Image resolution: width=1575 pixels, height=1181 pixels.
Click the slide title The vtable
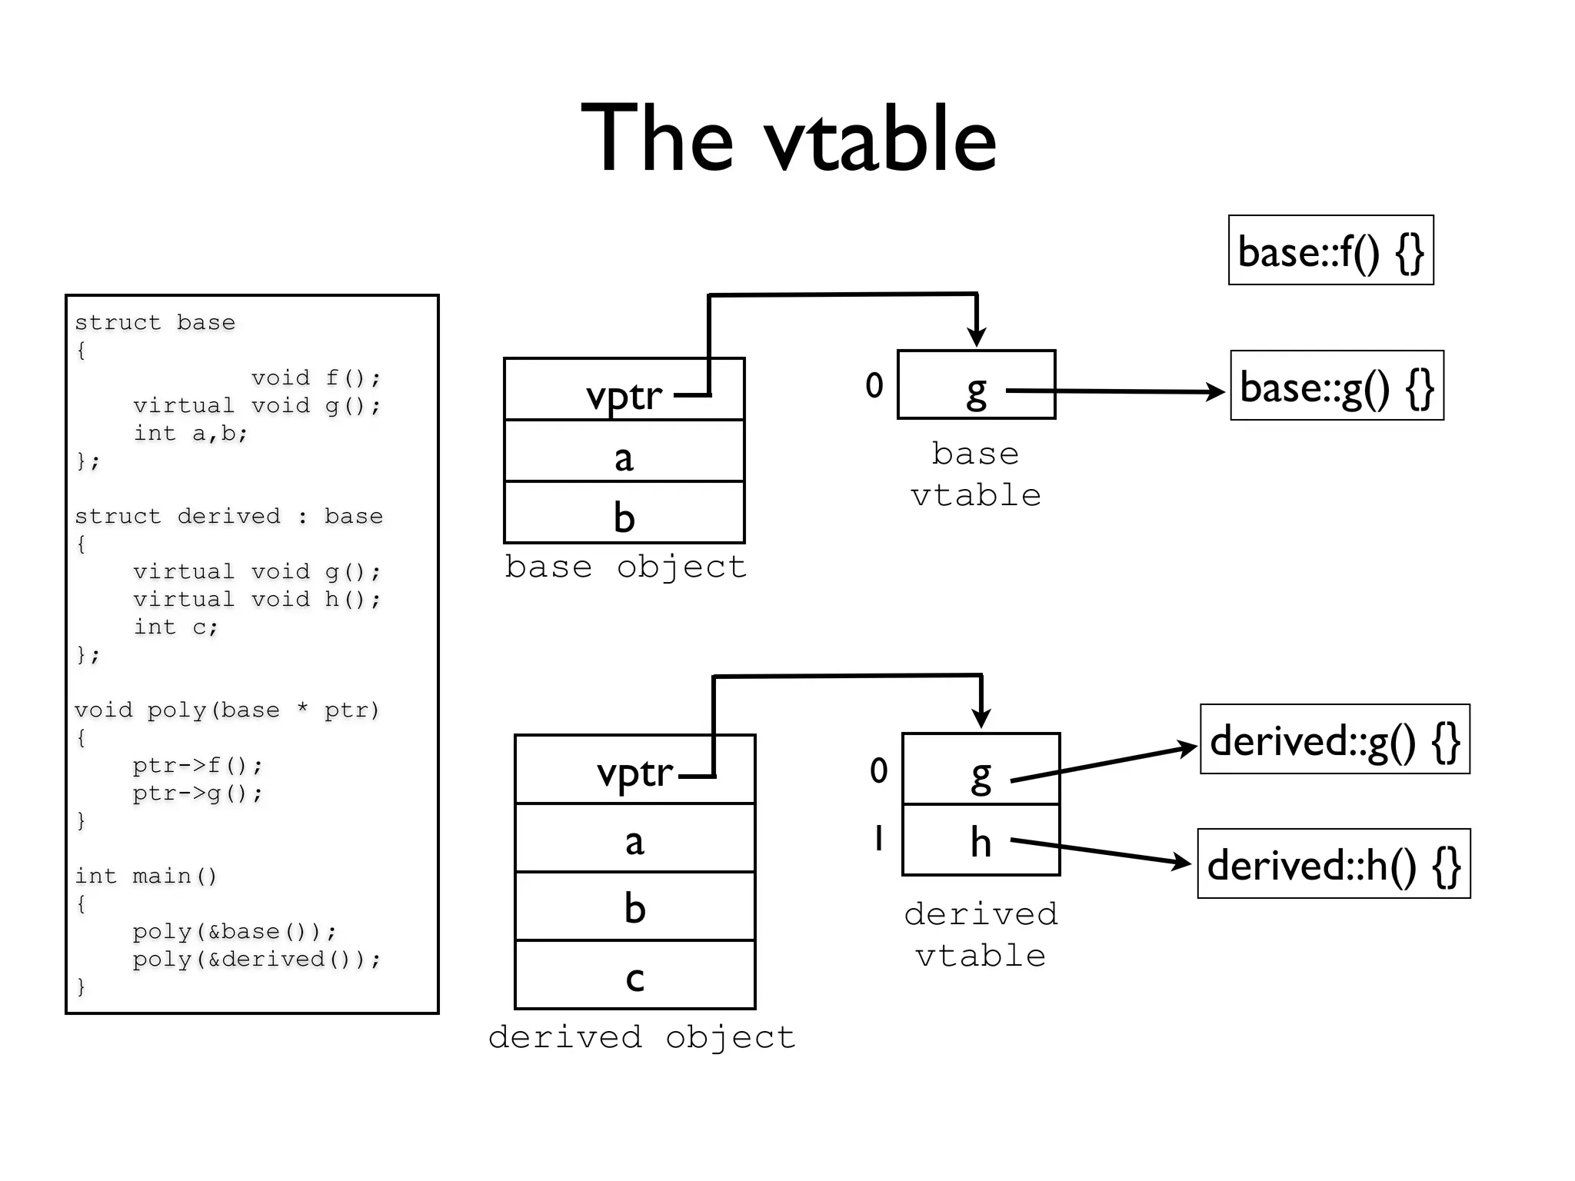click(788, 138)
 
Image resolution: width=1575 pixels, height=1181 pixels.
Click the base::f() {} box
click(1330, 251)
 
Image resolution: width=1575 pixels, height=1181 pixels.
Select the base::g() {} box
click(1337, 386)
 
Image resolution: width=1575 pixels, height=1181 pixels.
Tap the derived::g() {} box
click(1334, 740)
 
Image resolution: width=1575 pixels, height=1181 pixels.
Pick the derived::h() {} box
click(1334, 864)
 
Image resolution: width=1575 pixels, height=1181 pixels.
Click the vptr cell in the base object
click(624, 390)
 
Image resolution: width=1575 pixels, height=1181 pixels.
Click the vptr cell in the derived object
click(634, 770)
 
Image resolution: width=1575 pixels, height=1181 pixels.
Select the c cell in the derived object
click(634, 975)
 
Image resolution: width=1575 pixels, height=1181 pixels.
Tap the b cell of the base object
click(624, 514)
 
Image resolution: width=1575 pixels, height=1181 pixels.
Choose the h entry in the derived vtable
click(981, 840)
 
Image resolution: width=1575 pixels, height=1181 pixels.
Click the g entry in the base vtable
click(976, 386)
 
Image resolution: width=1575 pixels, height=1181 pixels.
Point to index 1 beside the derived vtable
click(878, 838)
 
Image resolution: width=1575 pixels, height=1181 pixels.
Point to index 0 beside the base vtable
click(874, 385)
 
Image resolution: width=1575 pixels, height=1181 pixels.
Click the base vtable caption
click(975, 474)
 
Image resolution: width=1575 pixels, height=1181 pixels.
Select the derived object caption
click(641, 1037)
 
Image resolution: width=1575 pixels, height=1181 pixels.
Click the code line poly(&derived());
click(256, 959)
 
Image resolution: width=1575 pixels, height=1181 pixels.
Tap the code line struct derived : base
click(228, 516)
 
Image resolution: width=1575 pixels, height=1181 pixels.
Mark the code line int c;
click(176, 627)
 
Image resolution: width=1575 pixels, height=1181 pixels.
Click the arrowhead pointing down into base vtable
click(977, 337)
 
